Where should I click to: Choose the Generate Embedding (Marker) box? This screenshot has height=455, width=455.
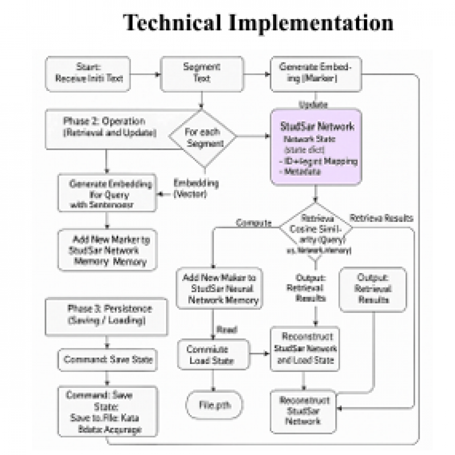(316, 73)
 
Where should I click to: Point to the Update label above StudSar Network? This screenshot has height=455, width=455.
(313, 105)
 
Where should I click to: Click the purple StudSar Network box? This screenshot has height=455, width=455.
(316, 147)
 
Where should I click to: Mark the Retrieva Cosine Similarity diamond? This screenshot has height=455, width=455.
(316, 234)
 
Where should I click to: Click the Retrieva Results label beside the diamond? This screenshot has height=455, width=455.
(381, 218)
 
